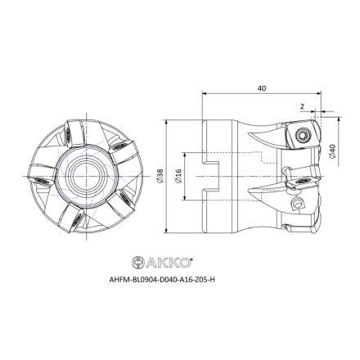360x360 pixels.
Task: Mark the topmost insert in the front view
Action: pos(72,128)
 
